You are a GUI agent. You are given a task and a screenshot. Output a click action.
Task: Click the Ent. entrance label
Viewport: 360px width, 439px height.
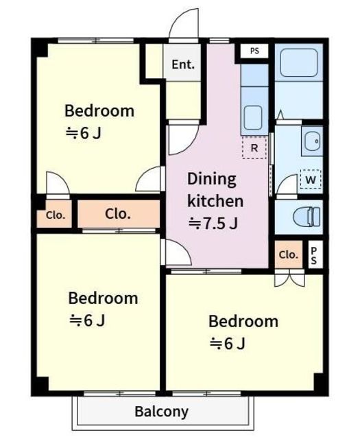click(x=183, y=64)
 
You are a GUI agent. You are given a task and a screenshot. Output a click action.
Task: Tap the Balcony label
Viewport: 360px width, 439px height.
click(x=162, y=412)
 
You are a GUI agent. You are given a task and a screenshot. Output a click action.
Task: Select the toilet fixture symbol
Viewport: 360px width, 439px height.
click(x=307, y=216)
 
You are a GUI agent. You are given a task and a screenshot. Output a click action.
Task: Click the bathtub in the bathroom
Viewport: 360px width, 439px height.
click(x=299, y=63)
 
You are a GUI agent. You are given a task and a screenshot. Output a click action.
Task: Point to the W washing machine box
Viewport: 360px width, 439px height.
click(x=311, y=180)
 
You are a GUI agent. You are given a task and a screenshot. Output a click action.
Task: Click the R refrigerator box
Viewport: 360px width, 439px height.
click(x=254, y=148)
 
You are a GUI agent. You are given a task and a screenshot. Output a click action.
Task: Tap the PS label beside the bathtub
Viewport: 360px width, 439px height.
click(x=254, y=51)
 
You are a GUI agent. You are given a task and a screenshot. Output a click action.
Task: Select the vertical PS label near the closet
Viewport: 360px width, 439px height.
click(x=314, y=255)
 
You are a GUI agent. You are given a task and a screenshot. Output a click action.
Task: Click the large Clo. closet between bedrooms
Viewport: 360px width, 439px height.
click(x=119, y=214)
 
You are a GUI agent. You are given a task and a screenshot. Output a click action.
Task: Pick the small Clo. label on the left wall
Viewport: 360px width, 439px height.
click(x=56, y=215)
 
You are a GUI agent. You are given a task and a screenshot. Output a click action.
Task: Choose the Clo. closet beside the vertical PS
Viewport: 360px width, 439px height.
click(x=288, y=254)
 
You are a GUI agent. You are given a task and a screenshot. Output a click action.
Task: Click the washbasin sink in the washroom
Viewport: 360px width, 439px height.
click(x=311, y=141)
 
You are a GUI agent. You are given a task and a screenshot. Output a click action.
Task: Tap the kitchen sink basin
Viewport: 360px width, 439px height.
click(x=253, y=117)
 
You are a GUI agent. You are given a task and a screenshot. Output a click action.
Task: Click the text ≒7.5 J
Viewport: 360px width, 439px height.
click(x=213, y=223)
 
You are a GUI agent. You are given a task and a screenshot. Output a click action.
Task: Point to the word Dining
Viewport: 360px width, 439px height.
click(x=212, y=180)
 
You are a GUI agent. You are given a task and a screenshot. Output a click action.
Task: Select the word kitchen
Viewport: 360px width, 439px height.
click(x=215, y=201)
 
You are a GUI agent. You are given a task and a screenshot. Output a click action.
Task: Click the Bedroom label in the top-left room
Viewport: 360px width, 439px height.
click(x=99, y=111)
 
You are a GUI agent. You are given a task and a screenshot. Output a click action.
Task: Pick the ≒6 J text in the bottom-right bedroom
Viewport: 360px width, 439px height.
click(x=227, y=343)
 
